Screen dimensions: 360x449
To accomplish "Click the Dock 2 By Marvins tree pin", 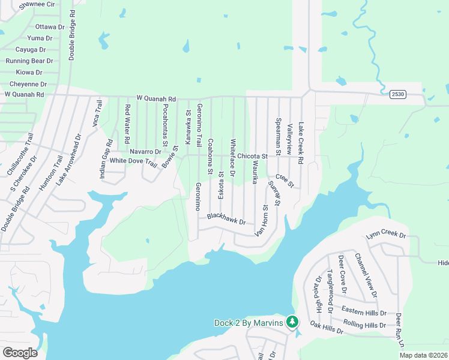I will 292,322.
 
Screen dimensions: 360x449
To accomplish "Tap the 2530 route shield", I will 397,94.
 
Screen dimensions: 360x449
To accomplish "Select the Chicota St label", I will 252,157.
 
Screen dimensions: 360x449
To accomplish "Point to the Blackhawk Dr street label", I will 226,219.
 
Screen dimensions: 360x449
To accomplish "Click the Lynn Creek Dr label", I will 386,236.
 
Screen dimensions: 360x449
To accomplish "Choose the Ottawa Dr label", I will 50,27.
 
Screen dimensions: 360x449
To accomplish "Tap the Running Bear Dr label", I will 29,61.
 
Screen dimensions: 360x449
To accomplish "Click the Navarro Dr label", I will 146,152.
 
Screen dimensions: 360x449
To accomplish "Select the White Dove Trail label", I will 133,161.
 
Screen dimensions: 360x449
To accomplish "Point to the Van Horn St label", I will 262,220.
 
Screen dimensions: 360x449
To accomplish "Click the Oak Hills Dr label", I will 327,329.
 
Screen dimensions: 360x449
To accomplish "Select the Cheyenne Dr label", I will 28,85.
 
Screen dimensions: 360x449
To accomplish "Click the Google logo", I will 20,353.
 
